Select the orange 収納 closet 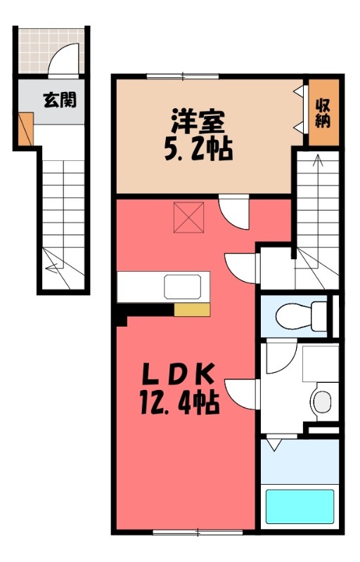coord(323,112)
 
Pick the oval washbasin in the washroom coord(321,403)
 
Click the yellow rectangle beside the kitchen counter coord(192,310)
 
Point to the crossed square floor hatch coord(188,216)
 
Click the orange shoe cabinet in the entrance coord(25,131)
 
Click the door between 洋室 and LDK coord(235,211)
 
